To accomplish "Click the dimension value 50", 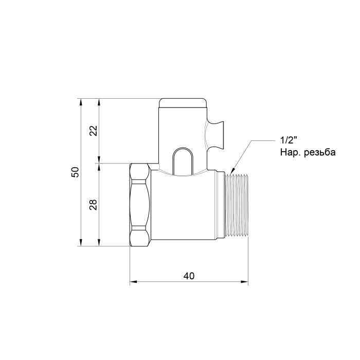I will [75, 172].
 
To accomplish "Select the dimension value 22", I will [93, 131].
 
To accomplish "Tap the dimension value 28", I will [93, 205].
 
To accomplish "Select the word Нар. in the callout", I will [290, 153].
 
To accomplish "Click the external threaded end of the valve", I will [238, 204].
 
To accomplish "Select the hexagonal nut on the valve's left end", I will [139, 204].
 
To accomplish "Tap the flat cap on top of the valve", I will [183, 102].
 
